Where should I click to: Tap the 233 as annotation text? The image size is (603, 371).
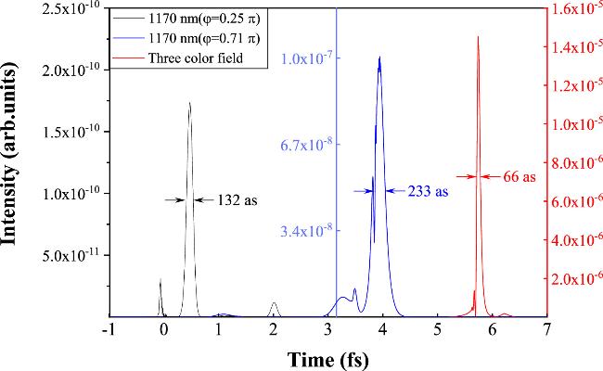click(428, 191)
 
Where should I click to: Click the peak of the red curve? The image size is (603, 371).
click(478, 37)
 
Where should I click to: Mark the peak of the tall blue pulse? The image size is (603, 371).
click(379, 58)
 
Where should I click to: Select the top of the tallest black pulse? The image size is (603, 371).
click(189, 103)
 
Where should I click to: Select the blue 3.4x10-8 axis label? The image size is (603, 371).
click(306, 230)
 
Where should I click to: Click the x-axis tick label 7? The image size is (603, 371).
click(547, 329)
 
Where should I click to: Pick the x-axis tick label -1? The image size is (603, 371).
click(109, 329)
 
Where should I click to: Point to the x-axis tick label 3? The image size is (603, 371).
click(328, 329)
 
